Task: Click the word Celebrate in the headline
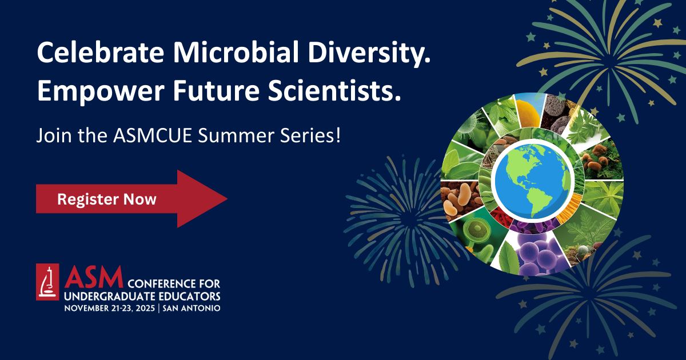click(x=100, y=52)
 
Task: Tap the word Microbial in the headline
click(x=236, y=52)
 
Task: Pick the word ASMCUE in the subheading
click(x=153, y=135)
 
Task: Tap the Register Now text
click(x=107, y=199)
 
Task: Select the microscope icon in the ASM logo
click(x=47, y=282)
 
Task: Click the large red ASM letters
click(x=94, y=277)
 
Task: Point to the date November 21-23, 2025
click(x=110, y=308)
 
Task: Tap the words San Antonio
click(x=192, y=308)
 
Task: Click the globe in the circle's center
click(x=533, y=181)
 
